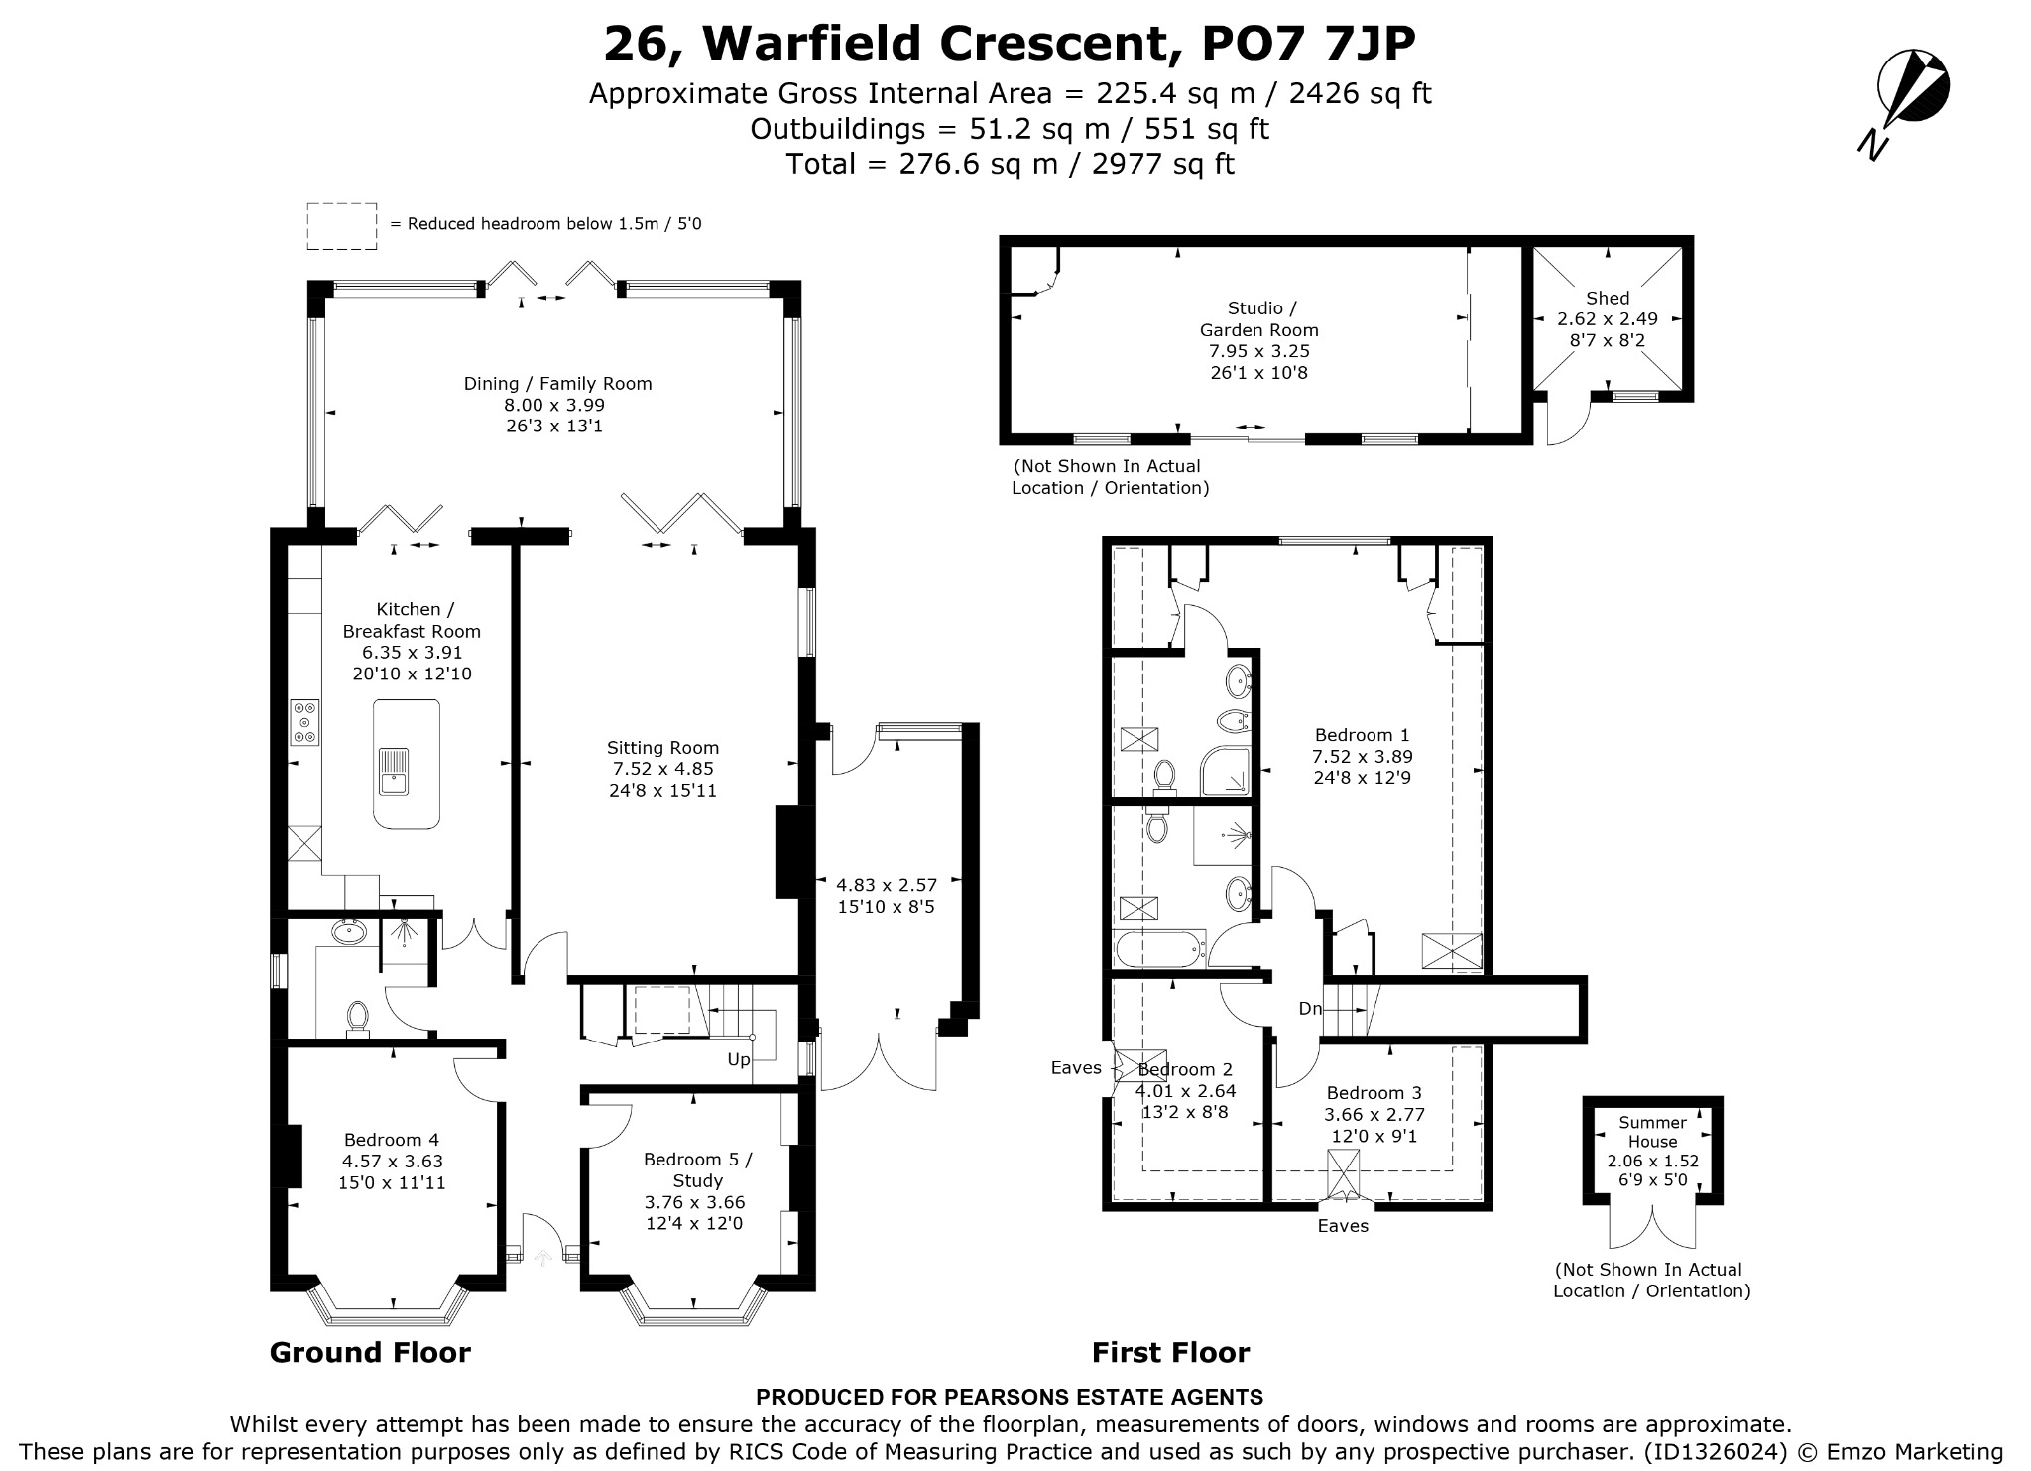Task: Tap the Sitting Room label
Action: tap(662, 748)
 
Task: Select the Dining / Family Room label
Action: tap(557, 384)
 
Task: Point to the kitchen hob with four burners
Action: tap(304, 722)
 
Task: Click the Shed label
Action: tap(1608, 298)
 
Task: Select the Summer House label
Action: tap(1652, 1132)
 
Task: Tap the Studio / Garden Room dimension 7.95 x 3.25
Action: tap(1258, 351)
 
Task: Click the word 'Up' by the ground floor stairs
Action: tap(739, 1060)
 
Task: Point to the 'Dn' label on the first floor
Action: tap(1310, 1009)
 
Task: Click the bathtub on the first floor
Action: tap(1160, 949)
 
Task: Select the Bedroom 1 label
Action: tap(1362, 735)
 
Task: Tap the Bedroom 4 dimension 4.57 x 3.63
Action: tap(393, 1162)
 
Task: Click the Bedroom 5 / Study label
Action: tap(697, 1170)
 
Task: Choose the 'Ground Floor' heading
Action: tap(370, 1353)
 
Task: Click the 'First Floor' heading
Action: tap(1170, 1353)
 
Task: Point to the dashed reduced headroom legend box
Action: tap(341, 226)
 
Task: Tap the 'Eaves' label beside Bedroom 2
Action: tap(1076, 1068)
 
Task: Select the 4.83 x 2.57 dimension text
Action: tap(886, 885)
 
